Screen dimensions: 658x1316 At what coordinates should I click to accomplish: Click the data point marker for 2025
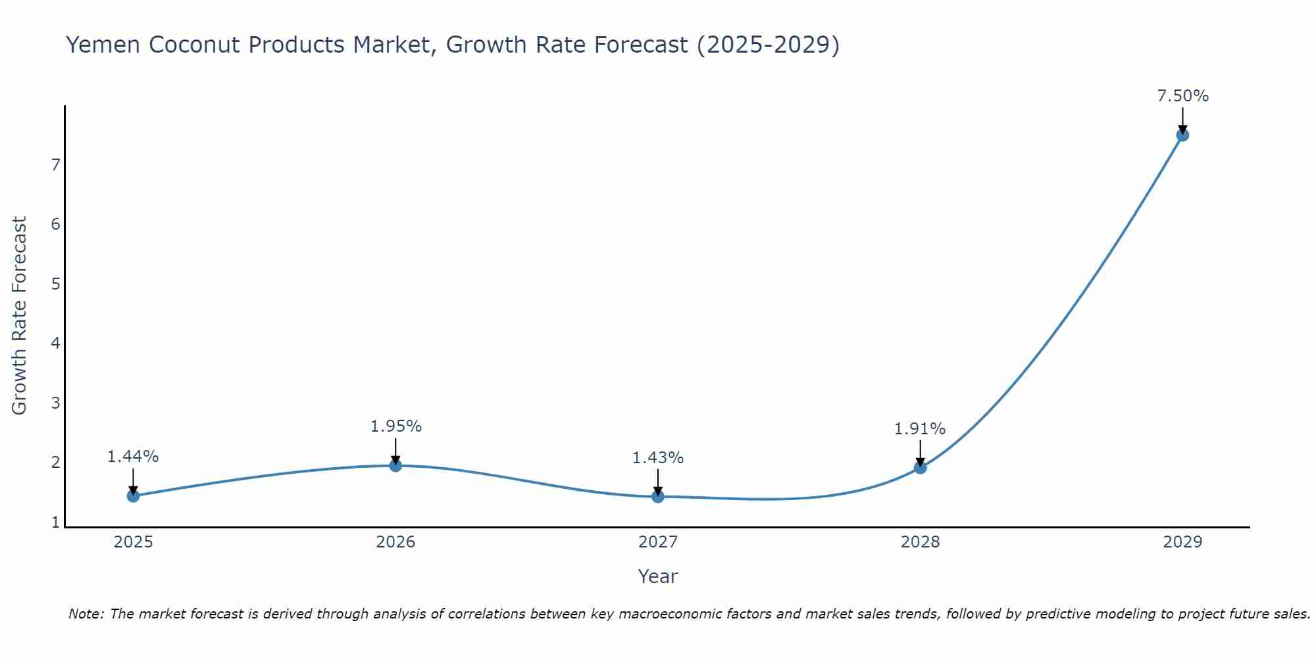point(133,495)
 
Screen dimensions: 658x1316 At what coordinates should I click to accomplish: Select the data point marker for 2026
point(395,465)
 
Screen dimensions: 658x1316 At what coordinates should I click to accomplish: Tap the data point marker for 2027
point(658,496)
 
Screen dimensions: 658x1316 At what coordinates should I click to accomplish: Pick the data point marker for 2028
point(920,468)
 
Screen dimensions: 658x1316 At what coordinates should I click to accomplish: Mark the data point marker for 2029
point(1182,135)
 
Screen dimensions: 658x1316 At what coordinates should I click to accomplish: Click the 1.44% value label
point(133,457)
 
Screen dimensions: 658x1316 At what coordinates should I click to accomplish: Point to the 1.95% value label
point(395,426)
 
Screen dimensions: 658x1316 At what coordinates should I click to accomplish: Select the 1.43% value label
point(658,458)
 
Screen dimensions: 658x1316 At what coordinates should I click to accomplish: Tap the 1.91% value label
point(920,429)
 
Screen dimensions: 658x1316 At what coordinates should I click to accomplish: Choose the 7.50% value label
point(1182,96)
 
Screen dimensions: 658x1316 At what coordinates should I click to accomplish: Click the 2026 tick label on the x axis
point(395,542)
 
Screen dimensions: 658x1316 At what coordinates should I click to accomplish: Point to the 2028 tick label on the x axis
point(920,542)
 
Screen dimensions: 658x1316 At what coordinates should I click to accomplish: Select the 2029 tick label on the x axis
point(1182,542)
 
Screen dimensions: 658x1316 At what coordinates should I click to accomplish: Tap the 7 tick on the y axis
point(55,164)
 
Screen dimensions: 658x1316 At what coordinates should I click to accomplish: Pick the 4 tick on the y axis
point(55,343)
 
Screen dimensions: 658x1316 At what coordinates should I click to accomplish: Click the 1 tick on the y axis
point(55,522)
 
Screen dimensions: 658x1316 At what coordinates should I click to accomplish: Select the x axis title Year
point(658,576)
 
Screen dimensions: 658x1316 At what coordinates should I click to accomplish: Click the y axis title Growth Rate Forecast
point(20,316)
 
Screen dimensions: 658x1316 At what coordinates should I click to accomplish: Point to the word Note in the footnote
point(86,614)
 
